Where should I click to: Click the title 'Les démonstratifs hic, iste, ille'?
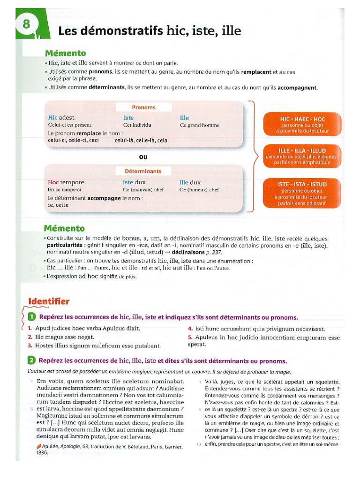[149, 31]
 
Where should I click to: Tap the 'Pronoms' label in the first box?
[143, 107]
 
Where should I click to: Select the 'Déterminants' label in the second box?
[143, 172]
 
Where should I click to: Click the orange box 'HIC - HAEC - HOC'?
[302, 125]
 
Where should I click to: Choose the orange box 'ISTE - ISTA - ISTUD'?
[302, 193]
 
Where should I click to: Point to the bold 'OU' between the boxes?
[143, 157]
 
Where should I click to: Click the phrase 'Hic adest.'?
[61, 118]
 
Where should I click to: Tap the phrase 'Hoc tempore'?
[66, 182]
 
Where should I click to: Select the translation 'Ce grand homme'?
[199, 126]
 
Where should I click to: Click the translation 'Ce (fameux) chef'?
[199, 190]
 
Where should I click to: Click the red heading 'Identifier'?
[49, 301]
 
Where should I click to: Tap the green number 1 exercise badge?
[31, 317]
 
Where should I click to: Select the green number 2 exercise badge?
[31, 360]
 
